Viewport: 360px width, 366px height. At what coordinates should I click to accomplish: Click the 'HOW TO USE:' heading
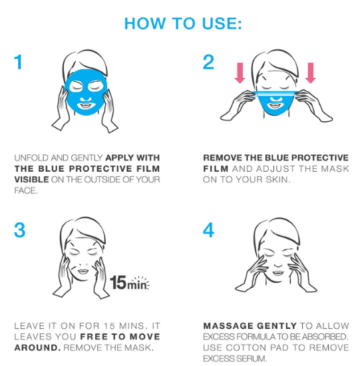tap(183, 23)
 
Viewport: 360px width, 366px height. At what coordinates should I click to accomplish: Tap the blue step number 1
tap(18, 62)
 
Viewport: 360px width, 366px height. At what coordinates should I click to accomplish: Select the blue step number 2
tap(208, 62)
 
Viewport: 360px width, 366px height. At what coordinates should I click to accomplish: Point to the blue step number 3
tap(19, 230)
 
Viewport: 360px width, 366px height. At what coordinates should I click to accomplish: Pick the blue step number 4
tap(208, 230)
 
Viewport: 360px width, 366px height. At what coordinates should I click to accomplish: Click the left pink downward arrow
tap(240, 73)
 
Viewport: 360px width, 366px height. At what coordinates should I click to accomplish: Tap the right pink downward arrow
tap(310, 73)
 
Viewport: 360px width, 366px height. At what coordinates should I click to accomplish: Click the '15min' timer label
tap(130, 283)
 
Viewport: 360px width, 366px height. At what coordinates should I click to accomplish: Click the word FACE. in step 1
tap(26, 191)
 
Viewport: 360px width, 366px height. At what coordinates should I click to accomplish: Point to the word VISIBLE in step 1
tap(31, 180)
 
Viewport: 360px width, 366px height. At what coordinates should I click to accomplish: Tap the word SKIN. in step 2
tap(278, 180)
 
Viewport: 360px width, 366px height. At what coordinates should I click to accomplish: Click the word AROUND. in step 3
tap(37, 348)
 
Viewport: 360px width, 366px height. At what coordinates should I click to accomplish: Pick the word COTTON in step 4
tap(246, 348)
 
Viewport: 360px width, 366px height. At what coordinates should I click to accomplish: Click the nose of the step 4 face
tap(278, 264)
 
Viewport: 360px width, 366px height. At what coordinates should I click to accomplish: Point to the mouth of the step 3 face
tap(83, 272)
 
